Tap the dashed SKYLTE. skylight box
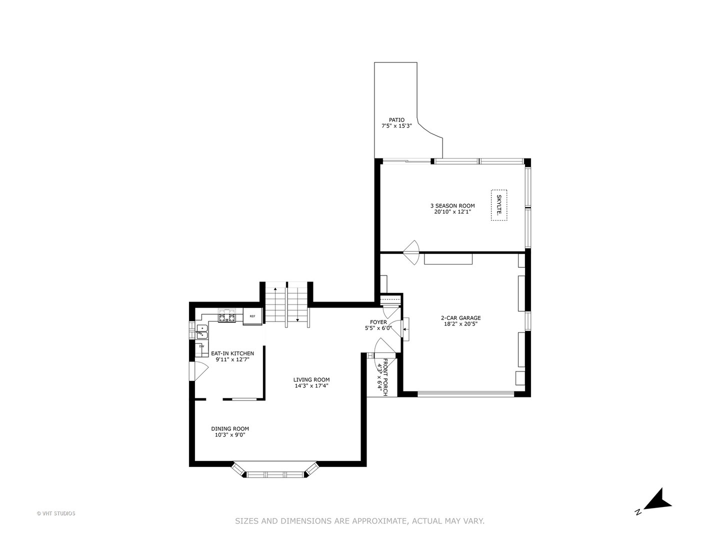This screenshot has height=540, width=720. click(498, 205)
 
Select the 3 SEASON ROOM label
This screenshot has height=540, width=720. click(452, 205)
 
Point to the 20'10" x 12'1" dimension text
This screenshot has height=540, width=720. click(452, 212)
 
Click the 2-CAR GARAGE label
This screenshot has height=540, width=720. click(460, 317)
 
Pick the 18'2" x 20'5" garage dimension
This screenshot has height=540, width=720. click(460, 324)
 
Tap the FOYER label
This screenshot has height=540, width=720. click(378, 322)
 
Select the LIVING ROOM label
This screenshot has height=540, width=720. click(311, 379)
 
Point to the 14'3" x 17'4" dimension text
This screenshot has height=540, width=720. click(311, 386)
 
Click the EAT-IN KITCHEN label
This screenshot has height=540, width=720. click(232, 353)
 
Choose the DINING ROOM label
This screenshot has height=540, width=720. click(230, 428)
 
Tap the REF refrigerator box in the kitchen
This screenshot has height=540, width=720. click(252, 316)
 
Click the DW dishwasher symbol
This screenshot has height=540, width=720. click(202, 346)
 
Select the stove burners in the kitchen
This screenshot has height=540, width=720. click(226, 316)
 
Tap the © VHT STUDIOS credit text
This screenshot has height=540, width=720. click(56, 513)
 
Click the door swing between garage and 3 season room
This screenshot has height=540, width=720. click(412, 253)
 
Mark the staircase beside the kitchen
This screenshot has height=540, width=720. click(286, 305)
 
